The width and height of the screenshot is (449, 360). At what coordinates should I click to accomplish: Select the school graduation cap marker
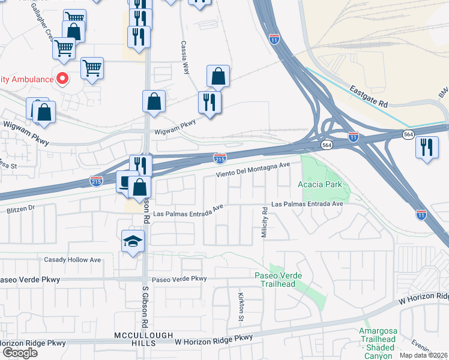(x=133, y=242)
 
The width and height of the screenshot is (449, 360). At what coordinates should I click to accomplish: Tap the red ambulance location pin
(x=62, y=79)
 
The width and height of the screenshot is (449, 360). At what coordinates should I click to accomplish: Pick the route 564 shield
(x=327, y=145)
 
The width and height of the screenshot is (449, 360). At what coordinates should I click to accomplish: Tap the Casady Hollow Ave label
(x=73, y=260)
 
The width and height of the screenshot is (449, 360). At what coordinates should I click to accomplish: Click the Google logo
(x=19, y=352)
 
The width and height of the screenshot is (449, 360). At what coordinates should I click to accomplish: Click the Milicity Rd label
(x=264, y=223)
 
